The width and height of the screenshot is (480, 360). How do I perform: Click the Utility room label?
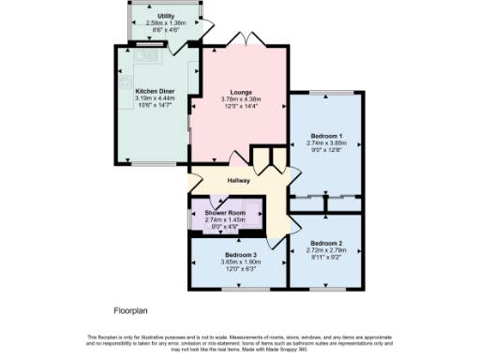(165, 16)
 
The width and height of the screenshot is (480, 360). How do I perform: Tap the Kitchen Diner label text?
(156, 91)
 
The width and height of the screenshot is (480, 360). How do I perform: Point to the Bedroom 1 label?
(326, 137)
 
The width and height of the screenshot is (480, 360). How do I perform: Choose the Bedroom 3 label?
(240, 254)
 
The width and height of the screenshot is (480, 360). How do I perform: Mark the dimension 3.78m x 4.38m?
(240, 99)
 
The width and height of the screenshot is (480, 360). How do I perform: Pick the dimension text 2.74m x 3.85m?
(326, 143)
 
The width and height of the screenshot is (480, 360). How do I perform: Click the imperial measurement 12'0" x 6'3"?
(240, 268)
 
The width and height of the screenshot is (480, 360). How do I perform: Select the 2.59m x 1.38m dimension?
(165, 23)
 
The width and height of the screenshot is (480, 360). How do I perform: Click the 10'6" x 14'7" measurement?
(156, 105)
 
